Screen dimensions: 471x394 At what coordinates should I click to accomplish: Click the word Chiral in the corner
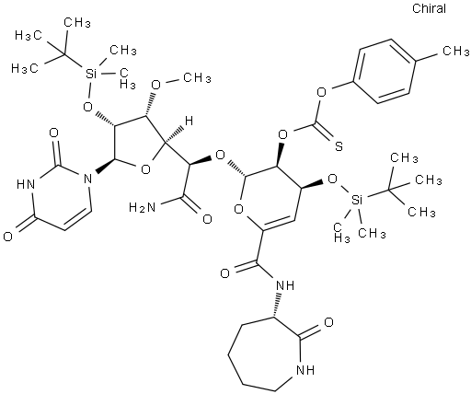pos(429,8)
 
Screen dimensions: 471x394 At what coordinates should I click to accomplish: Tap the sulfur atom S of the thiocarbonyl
pos(339,146)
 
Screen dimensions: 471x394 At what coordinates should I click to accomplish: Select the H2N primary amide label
pos(142,208)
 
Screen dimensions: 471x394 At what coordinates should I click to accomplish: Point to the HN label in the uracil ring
pos(25,184)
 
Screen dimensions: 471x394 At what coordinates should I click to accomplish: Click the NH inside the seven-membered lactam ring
pos(306,370)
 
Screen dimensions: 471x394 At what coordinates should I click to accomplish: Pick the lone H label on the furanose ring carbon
pos(189,122)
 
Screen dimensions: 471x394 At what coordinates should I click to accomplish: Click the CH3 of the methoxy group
pos(197,78)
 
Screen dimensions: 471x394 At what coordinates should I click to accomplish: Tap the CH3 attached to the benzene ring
pos(455,51)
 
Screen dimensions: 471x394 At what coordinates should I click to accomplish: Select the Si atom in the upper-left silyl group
pos(90,74)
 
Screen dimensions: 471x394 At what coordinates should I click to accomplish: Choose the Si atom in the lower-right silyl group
pos(355,201)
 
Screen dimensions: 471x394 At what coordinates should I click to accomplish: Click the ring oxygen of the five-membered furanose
pos(145,168)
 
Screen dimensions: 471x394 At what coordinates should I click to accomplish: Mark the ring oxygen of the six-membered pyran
pos(239,209)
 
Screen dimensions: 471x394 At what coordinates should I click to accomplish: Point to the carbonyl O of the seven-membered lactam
pos(328,322)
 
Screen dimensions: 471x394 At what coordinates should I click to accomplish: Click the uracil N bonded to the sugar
pos(87,178)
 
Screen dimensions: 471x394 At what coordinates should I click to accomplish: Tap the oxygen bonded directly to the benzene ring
pos(321,92)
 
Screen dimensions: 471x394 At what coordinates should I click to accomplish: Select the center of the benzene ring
pos(384,71)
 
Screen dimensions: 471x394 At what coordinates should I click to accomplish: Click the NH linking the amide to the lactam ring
pos(285,286)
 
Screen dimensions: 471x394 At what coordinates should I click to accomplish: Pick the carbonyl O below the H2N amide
pos(207,219)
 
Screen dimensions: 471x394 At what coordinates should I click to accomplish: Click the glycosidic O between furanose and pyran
pos(220,156)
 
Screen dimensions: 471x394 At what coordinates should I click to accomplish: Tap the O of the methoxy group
pos(156,85)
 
